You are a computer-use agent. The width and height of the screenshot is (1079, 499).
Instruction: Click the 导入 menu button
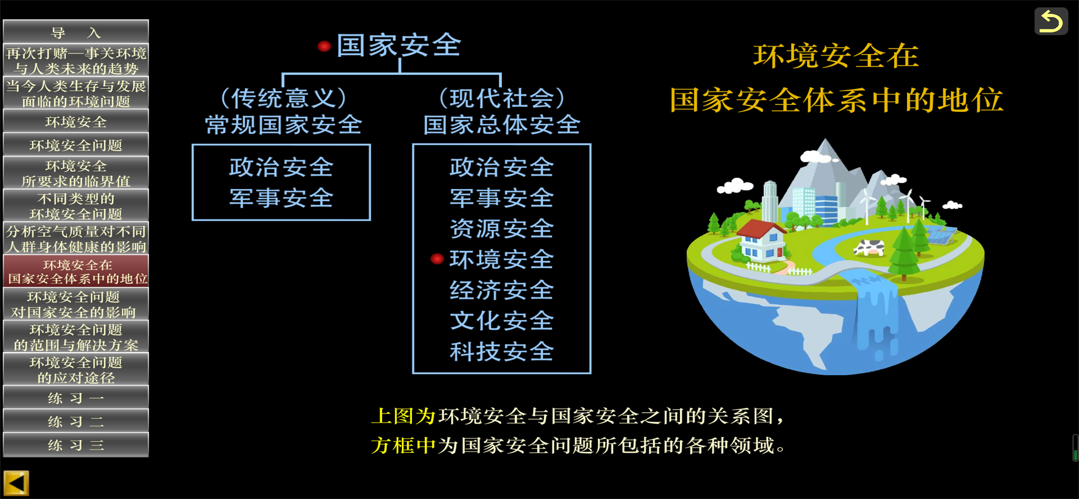76,32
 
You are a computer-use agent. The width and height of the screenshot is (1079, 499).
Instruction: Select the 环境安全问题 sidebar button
76,145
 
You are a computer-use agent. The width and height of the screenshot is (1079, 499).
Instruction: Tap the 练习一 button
76,398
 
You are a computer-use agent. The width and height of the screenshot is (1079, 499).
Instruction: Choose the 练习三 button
76,445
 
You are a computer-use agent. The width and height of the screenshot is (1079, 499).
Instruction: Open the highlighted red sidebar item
76,272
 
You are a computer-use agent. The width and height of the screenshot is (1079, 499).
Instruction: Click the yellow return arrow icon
1051,21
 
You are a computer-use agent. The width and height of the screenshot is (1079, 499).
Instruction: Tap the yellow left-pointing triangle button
16,483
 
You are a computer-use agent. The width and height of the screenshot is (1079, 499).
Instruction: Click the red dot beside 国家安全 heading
324,46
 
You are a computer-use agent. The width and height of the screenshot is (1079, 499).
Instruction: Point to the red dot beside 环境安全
437,259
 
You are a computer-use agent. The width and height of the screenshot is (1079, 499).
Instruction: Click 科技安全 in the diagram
502,351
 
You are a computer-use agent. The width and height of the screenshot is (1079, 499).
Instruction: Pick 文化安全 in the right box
502,321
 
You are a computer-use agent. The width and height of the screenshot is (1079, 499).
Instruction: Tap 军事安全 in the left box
282,198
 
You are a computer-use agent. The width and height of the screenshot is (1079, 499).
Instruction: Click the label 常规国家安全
284,124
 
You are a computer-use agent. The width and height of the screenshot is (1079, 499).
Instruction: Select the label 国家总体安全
502,124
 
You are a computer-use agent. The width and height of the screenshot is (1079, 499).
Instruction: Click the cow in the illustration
869,247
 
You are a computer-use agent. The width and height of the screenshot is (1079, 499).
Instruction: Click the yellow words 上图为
404,416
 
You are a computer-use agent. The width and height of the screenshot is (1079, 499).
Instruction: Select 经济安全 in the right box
502,290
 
